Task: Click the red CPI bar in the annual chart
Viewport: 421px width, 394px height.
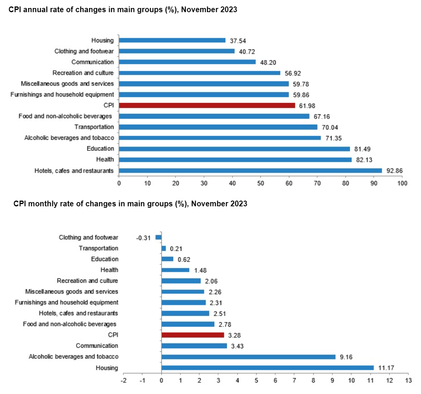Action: pyautogui.click(x=207, y=105)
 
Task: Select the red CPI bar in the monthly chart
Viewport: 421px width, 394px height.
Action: pyautogui.click(x=193, y=335)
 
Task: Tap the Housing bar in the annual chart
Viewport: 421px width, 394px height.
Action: pyautogui.click(x=172, y=40)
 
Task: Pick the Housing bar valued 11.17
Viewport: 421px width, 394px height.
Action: pyautogui.click(x=268, y=367)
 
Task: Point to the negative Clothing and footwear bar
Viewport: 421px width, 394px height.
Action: pyautogui.click(x=159, y=237)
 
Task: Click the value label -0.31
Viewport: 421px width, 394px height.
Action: pyautogui.click(x=144, y=238)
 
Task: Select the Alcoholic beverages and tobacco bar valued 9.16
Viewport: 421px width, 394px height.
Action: pyautogui.click(x=249, y=357)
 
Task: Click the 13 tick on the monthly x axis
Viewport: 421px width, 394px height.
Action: pyautogui.click(x=408, y=380)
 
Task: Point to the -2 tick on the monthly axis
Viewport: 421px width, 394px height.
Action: pyautogui.click(x=124, y=380)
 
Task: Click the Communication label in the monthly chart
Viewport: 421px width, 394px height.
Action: pyautogui.click(x=97, y=346)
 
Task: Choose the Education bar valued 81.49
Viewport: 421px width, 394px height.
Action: pyautogui.click(x=234, y=149)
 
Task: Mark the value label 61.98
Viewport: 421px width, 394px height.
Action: pyautogui.click(x=306, y=106)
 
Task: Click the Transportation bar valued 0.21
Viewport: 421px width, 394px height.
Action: pyautogui.click(x=164, y=248)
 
